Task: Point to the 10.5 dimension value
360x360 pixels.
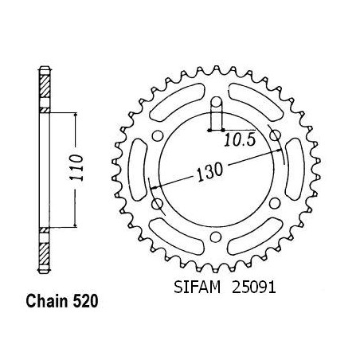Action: (240, 140)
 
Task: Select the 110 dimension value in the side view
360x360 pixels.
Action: (76, 167)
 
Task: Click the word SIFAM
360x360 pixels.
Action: (198, 287)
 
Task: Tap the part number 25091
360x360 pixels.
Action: (254, 287)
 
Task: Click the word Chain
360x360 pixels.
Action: (47, 301)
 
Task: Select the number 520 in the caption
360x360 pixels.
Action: (85, 301)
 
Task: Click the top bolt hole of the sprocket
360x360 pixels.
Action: (217, 102)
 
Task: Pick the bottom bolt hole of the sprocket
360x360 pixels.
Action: (216, 237)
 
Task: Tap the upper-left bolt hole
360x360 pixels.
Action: (157, 136)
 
